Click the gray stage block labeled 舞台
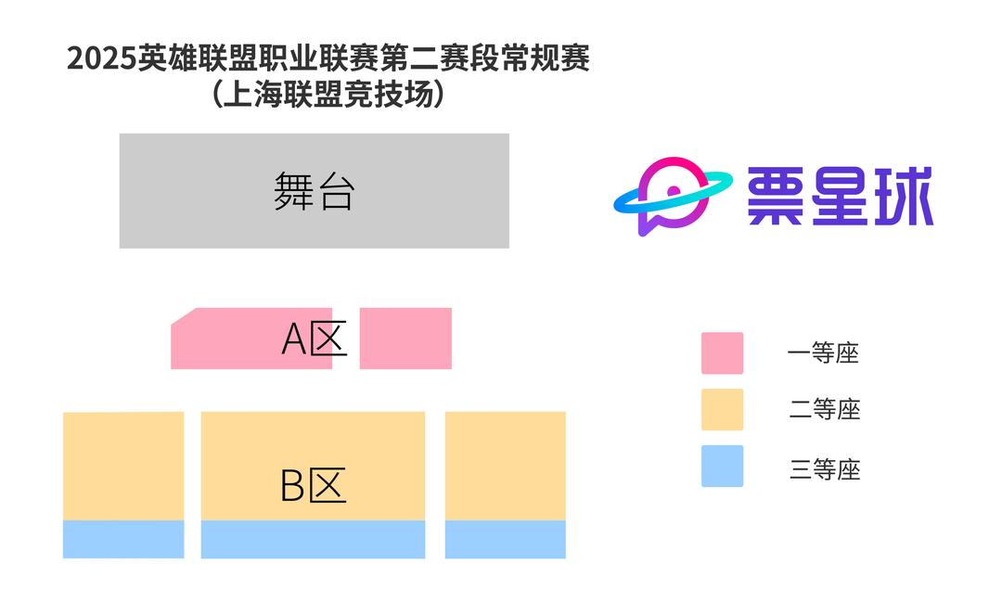tap(314, 191)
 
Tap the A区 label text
tap(315, 340)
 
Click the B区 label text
tap(313, 485)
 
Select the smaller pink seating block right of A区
tap(405, 339)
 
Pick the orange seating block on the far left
tap(123, 466)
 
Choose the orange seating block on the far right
tap(505, 466)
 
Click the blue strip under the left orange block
tap(123, 539)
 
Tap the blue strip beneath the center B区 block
tap(313, 539)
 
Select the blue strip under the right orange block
tap(505, 539)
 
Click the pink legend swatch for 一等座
tap(722, 353)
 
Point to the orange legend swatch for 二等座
tap(722, 409)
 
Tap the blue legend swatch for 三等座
tap(722, 466)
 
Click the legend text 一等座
tap(824, 353)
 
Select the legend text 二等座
tap(825, 409)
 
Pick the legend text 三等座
tap(825, 469)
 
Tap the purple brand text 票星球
tap(841, 197)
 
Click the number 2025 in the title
tap(101, 59)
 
